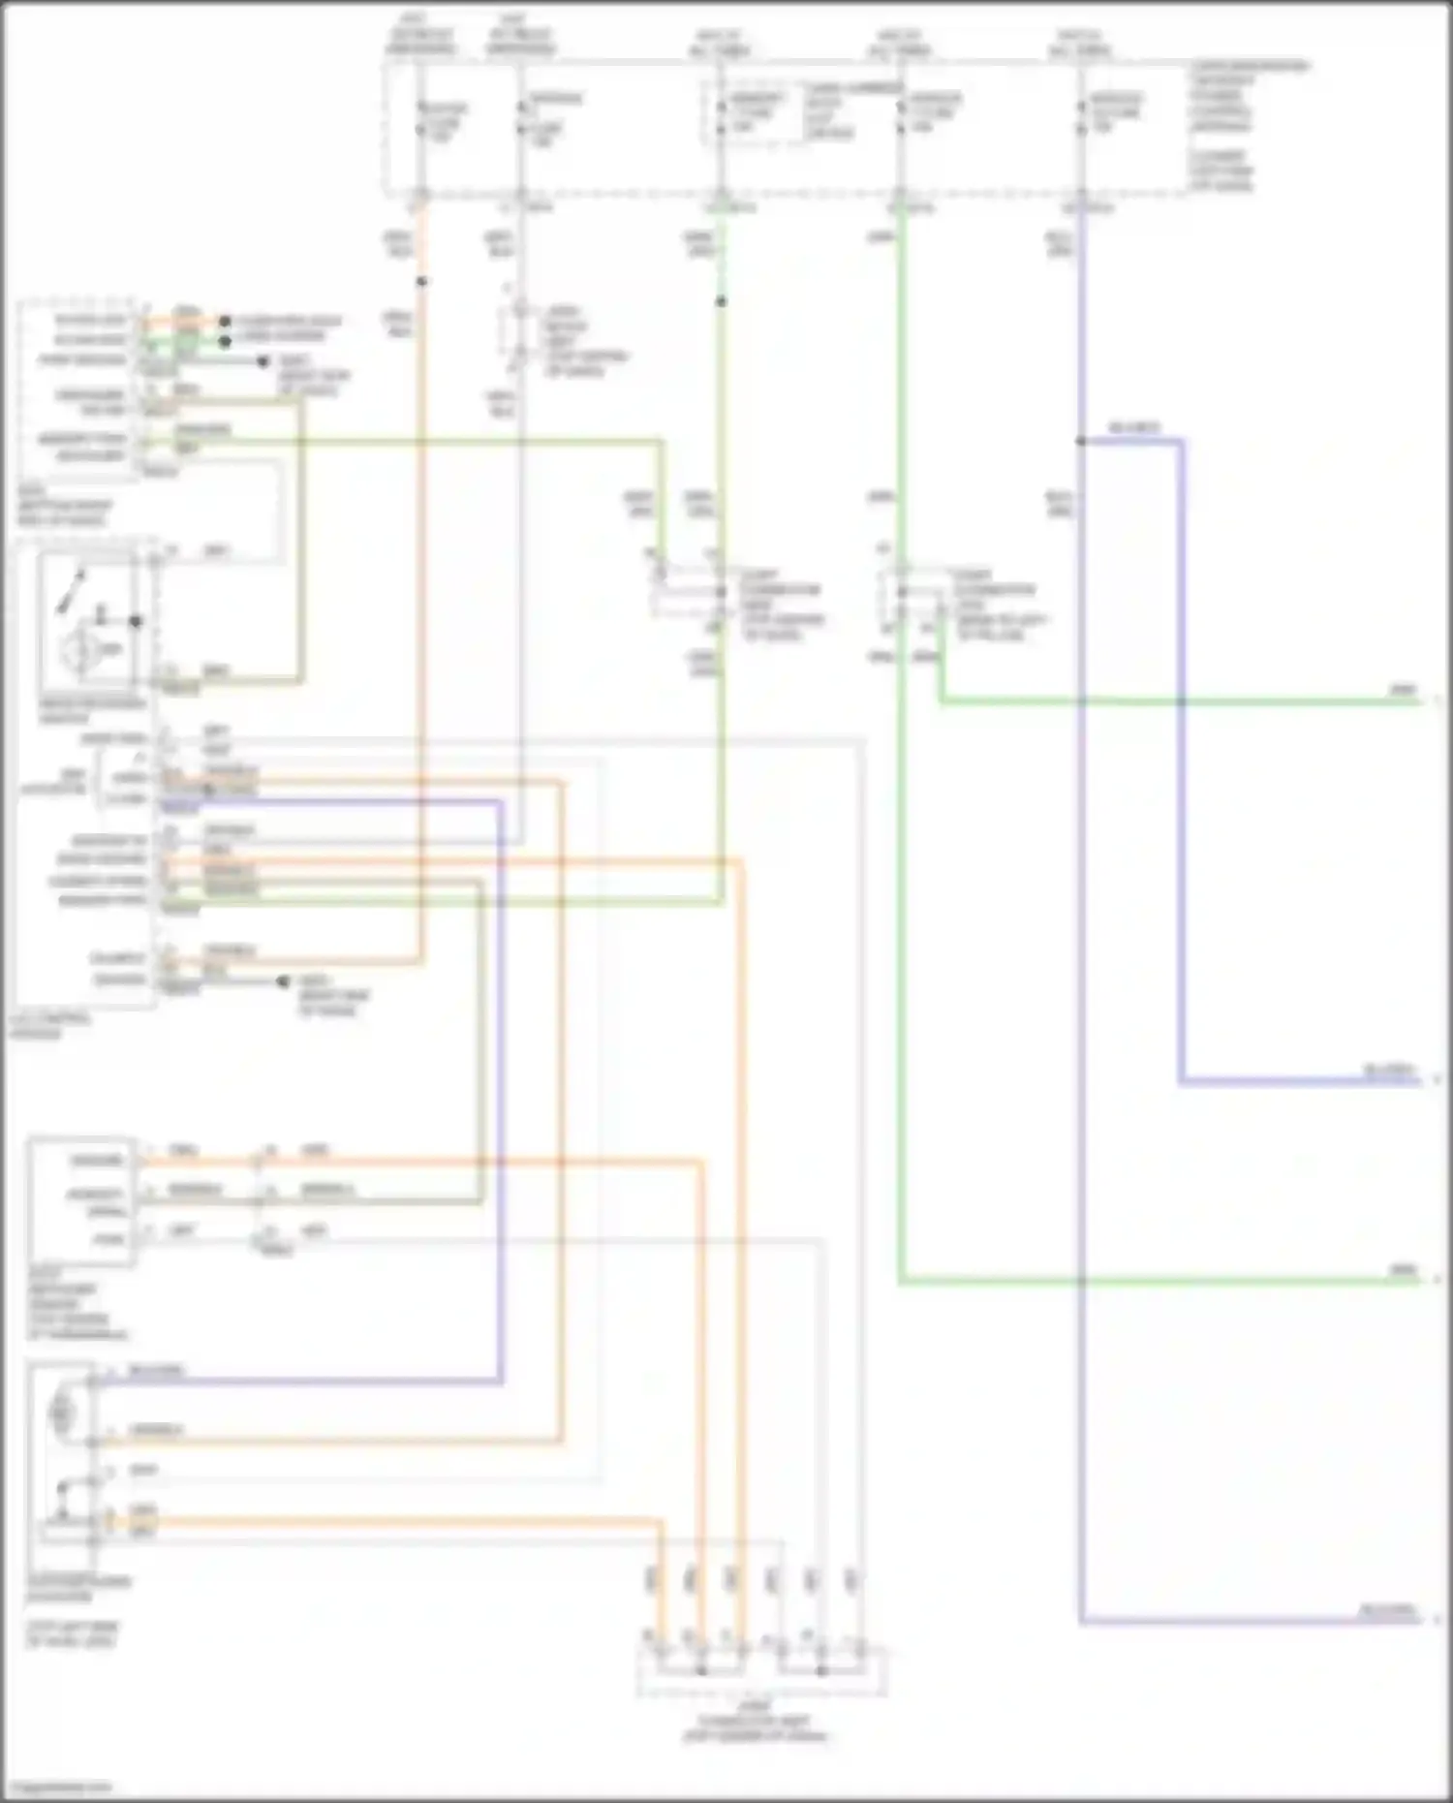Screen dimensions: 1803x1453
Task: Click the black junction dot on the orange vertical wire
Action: point(421,282)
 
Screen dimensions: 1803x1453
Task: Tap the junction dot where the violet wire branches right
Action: point(1081,442)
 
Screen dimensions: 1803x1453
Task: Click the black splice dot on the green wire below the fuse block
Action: point(721,302)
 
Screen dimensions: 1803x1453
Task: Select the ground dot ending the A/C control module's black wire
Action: point(283,981)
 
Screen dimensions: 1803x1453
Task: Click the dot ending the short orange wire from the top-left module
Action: point(225,321)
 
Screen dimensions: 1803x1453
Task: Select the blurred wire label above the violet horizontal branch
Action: point(1133,428)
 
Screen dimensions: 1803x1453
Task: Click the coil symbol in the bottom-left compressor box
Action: point(62,1414)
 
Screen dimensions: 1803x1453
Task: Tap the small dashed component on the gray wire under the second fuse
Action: point(520,335)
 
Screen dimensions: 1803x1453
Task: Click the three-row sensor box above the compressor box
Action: point(81,1201)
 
